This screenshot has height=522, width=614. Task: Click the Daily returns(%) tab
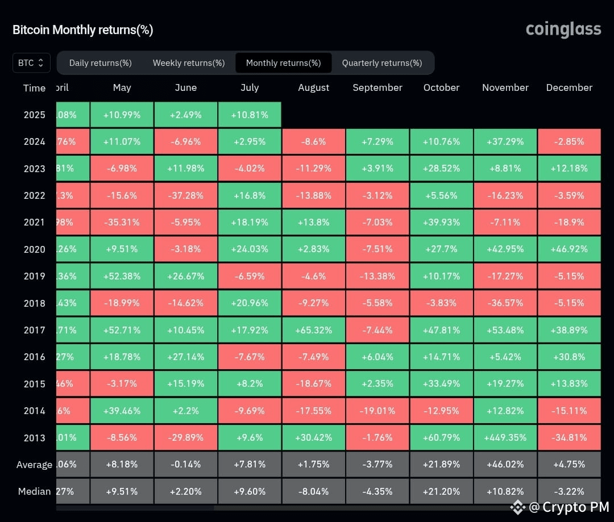(x=101, y=63)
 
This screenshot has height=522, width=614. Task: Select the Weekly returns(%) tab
(x=189, y=63)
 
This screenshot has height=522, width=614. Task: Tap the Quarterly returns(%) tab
(x=382, y=63)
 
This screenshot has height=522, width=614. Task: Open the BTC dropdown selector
(x=31, y=63)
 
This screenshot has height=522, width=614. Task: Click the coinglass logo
(x=563, y=30)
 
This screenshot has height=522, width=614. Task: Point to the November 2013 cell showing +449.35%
(x=505, y=437)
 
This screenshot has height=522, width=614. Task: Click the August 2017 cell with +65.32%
(x=313, y=330)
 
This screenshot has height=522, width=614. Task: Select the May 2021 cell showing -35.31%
(x=122, y=222)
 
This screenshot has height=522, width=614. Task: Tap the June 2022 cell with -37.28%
(x=185, y=195)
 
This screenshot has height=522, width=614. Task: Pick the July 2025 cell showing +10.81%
(x=250, y=115)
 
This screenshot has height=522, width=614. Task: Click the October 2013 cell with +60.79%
(x=441, y=437)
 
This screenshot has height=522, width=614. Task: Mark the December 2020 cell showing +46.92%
(x=569, y=249)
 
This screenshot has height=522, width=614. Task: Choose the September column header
(x=377, y=87)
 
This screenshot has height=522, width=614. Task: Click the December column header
(x=569, y=87)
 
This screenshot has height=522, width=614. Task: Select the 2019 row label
(x=34, y=276)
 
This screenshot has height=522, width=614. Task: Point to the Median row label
(x=34, y=491)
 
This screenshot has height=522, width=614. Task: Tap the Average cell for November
(x=505, y=464)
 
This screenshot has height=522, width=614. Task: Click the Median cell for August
(x=313, y=491)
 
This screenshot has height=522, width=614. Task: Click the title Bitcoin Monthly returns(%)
(x=83, y=30)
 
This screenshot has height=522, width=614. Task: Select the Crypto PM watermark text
(x=569, y=507)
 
